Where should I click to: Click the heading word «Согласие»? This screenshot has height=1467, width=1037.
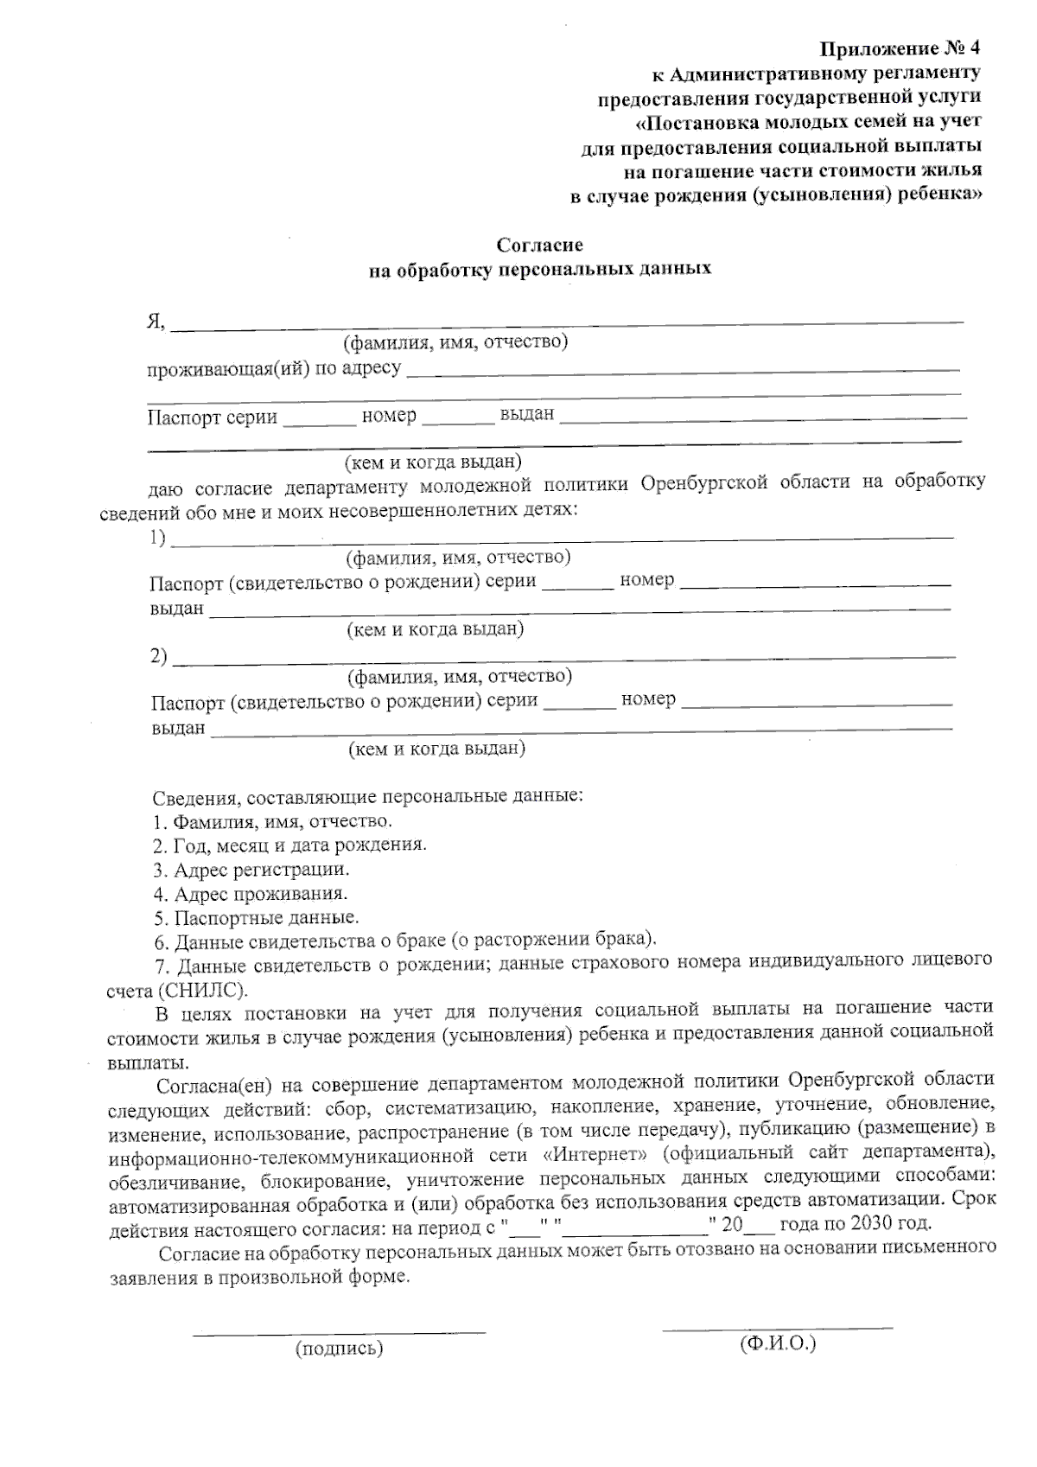[x=541, y=246]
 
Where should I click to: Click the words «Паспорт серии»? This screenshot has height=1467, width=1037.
[x=212, y=418]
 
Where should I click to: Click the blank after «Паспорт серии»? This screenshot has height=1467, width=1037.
[x=319, y=421]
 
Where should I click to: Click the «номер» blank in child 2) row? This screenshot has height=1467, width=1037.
[x=817, y=704]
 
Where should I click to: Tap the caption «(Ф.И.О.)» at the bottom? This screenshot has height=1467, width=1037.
[x=778, y=1343]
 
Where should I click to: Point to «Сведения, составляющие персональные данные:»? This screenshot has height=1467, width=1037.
[x=367, y=796]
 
